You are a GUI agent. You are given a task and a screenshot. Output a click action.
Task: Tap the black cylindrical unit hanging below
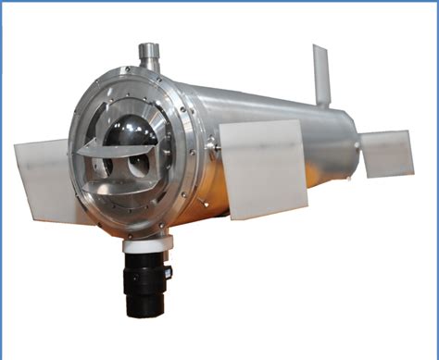pos(145,282)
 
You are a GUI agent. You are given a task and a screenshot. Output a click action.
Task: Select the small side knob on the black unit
pos(168,272)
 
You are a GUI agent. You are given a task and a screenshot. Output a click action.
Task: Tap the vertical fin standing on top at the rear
pos(321,74)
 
